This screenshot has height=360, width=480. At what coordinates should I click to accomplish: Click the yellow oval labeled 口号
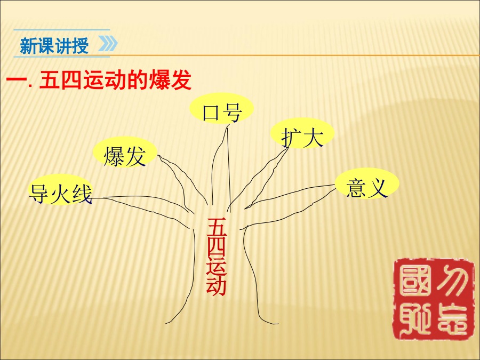coord(221,108)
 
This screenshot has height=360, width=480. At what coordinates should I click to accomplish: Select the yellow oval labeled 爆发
coord(125,152)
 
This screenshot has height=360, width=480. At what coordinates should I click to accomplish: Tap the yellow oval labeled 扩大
coord(302,133)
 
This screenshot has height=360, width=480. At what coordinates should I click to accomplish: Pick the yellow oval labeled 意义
coord(367,183)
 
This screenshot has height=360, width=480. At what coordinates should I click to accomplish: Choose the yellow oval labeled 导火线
coord(60,189)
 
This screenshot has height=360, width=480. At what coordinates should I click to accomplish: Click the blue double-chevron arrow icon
coord(108,44)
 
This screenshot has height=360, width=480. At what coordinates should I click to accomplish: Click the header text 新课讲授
coord(54,46)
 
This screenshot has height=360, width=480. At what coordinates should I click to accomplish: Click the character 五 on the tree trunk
coord(217,227)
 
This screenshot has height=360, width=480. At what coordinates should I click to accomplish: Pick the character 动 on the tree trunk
coord(217,286)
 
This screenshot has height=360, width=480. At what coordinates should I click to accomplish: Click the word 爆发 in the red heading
coord(170,80)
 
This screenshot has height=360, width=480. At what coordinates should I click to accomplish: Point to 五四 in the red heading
coord(61,80)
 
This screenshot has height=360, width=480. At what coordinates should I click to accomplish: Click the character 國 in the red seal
coord(414,280)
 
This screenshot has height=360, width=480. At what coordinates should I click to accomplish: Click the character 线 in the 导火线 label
coord(82,194)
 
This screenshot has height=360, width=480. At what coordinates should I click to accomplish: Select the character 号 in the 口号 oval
coord(233,113)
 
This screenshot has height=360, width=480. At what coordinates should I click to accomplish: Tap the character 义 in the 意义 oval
coord(378,188)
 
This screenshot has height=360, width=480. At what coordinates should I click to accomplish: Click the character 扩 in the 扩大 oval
coord(291,138)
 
